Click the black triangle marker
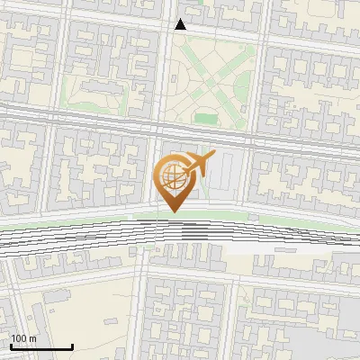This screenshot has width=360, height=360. (x=180, y=24)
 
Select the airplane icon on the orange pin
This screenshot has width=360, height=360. (x=202, y=164)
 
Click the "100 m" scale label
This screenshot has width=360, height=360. (x=23, y=338)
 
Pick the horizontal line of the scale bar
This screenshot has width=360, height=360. (x=41, y=346)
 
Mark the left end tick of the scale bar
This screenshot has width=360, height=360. (x=11, y=346)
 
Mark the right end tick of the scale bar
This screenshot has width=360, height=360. (x=72, y=346)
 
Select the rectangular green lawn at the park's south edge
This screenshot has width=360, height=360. (x=207, y=118)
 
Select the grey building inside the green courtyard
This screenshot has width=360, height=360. (x=93, y=92)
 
